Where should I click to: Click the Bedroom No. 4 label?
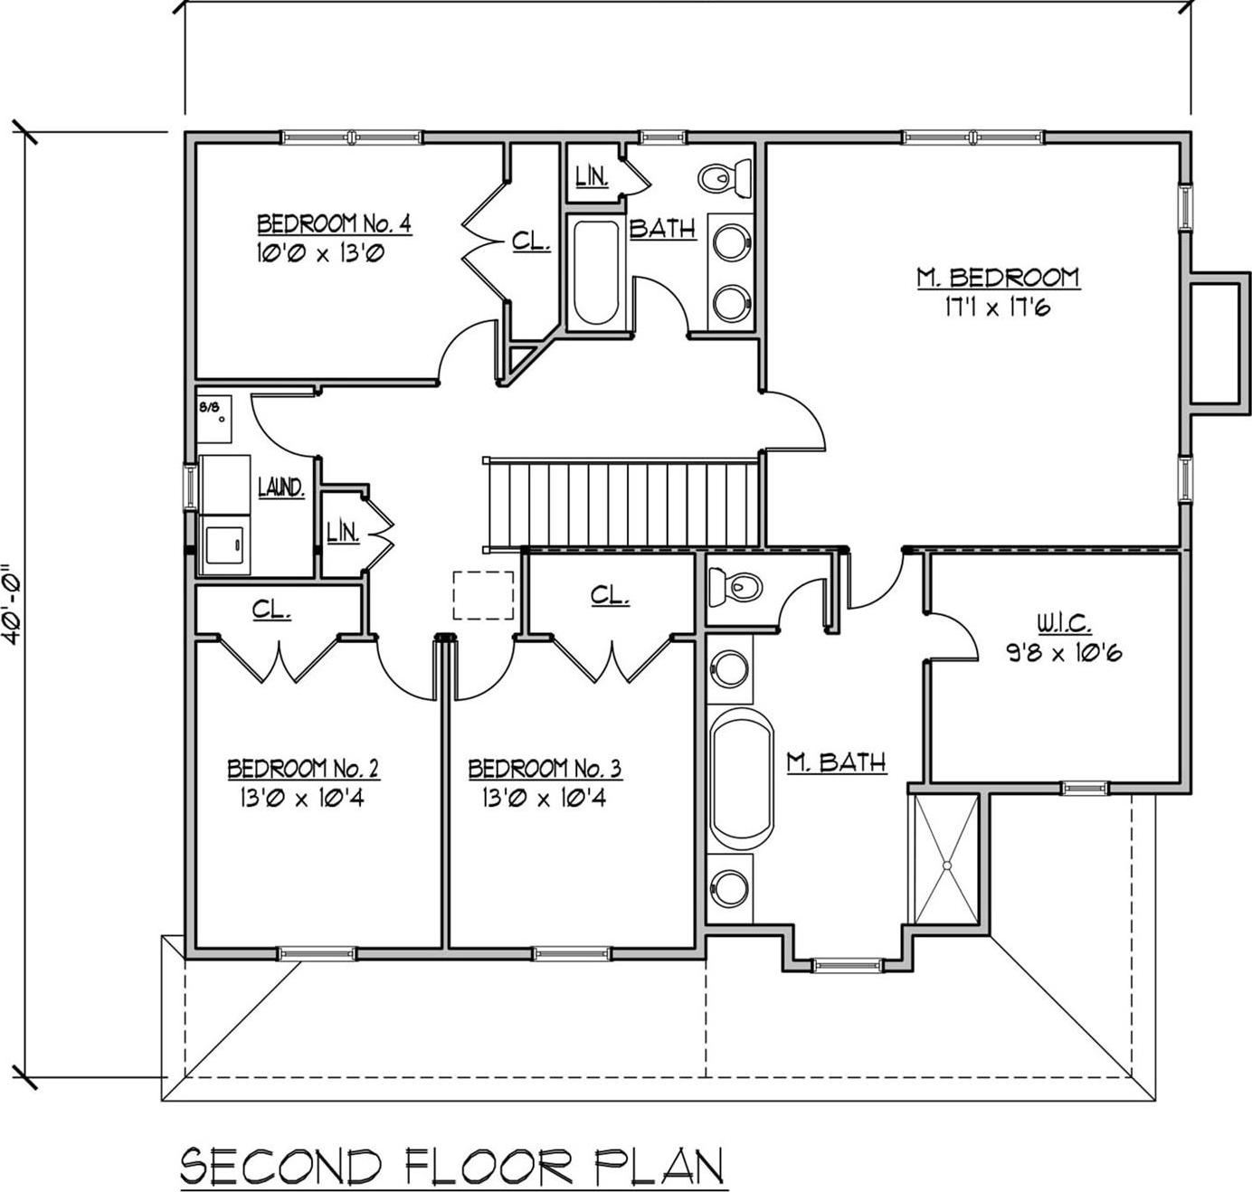click(334, 223)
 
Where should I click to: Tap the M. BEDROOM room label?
click(998, 277)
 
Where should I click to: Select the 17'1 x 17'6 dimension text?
click(997, 307)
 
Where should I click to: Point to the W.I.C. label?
click(1064, 622)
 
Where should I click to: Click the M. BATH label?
click(836, 762)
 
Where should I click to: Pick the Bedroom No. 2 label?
click(303, 769)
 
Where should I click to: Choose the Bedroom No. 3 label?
click(545, 769)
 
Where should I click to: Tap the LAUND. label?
click(281, 487)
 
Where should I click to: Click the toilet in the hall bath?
click(726, 177)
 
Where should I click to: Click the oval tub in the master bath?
click(742, 779)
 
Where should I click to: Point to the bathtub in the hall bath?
click(596, 271)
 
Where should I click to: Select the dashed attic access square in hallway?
click(483, 595)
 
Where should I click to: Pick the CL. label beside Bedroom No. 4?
click(531, 241)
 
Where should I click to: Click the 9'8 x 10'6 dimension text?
click(1064, 652)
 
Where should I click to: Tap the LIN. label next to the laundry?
click(343, 533)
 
